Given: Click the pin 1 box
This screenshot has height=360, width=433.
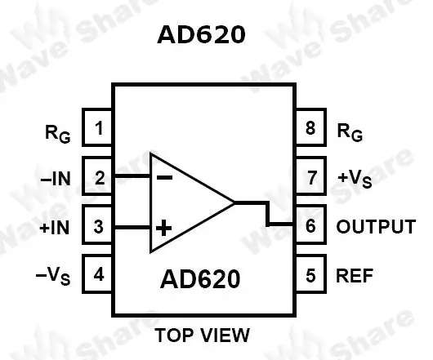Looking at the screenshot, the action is (97, 127).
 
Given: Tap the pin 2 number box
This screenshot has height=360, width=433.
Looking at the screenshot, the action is (97, 176).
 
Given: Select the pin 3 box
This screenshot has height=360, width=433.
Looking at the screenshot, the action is (97, 224).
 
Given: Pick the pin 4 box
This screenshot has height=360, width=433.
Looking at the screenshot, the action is (97, 273).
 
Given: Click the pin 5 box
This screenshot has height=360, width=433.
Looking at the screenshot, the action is (311, 273).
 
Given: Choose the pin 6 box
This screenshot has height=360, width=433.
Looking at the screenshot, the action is (311, 224).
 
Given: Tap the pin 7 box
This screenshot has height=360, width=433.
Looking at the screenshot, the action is (311, 176).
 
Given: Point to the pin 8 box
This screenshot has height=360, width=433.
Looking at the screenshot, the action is (311, 127).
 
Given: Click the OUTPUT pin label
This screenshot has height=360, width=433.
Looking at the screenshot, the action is (376, 226).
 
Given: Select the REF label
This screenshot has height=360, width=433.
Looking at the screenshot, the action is (355, 275).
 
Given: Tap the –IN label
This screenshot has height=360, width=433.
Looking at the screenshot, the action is (56, 179).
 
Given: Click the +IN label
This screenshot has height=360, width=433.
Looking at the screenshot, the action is (55, 228).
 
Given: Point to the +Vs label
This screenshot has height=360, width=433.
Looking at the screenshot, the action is (355, 179).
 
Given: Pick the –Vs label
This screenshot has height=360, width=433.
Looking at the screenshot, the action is (53, 276).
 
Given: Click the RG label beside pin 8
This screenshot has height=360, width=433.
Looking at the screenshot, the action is (350, 133).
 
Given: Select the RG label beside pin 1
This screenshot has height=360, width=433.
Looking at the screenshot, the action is (58, 134).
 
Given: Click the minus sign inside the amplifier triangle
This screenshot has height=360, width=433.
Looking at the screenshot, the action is (164, 177).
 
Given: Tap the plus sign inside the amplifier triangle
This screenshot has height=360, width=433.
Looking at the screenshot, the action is (163, 228).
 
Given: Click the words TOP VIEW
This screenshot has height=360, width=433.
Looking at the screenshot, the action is (203, 336).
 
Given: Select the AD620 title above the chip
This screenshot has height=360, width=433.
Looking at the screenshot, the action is (201, 35).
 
